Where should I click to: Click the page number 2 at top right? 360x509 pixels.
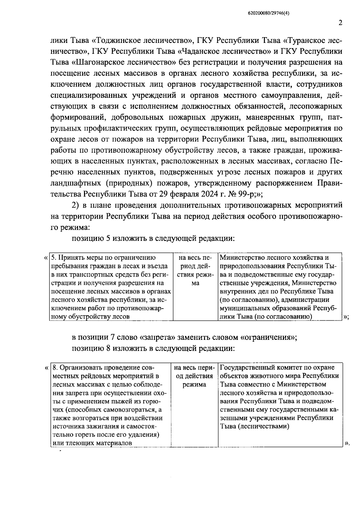coord(340,23)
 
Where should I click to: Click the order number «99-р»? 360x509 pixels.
coord(250,193)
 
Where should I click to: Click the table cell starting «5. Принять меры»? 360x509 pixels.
coord(111,287)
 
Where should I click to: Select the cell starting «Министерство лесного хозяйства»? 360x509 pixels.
coord(280,287)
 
